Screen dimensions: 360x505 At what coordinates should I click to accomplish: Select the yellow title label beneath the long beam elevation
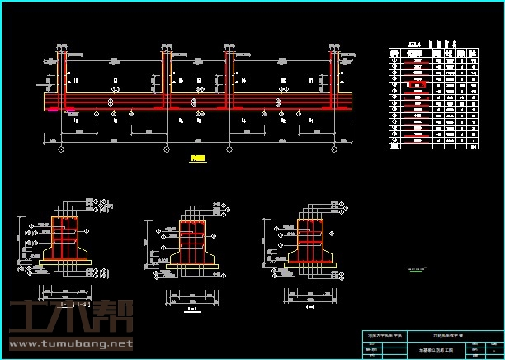tap(196, 161)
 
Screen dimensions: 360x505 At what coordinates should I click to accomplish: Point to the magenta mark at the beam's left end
tap(53, 109)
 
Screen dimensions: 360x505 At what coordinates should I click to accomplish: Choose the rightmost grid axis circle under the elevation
tap(335, 149)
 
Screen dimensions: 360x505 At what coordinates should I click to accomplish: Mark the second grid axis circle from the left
tap(167, 149)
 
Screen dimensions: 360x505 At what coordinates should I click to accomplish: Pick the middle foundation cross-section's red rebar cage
tap(192, 241)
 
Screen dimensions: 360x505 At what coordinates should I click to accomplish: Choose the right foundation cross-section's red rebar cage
tap(310, 239)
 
